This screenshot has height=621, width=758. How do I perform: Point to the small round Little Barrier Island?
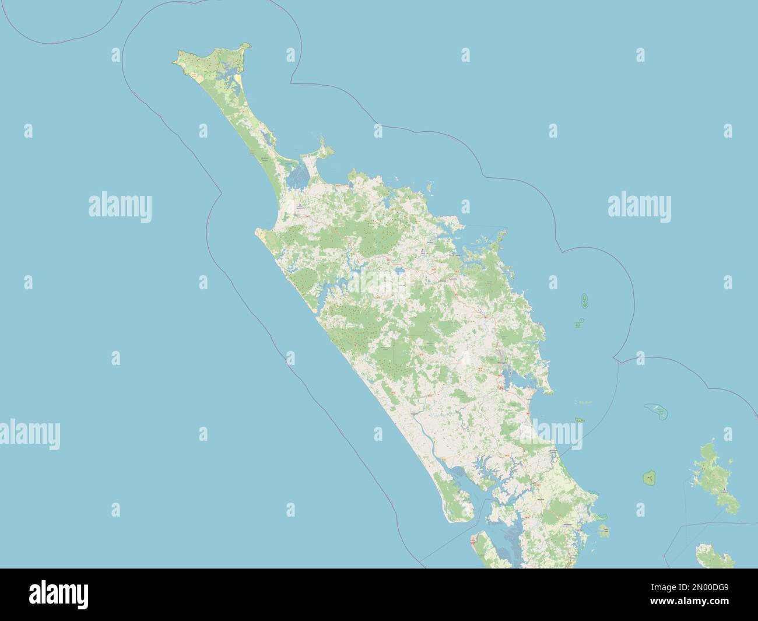click(650, 479)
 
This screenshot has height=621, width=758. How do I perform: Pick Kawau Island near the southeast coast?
click(605, 530)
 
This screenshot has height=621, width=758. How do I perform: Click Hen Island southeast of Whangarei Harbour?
click(580, 420)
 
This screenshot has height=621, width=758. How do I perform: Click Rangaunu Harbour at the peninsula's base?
click(297, 175)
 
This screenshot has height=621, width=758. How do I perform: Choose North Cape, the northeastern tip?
click(248, 45)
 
